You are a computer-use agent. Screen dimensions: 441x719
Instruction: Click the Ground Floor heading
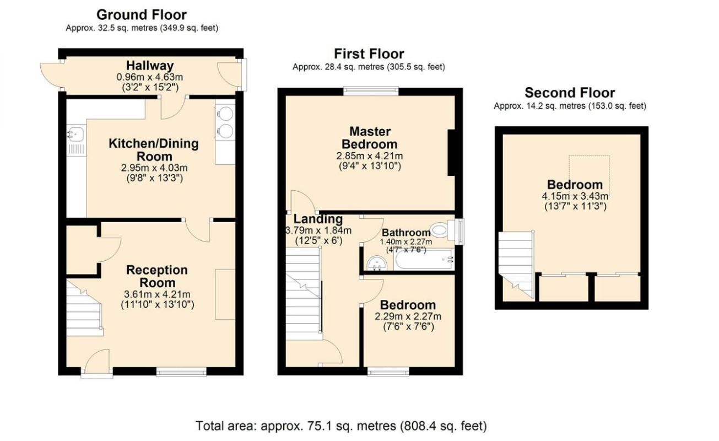click(x=142, y=15)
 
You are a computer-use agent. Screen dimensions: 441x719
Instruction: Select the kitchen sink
click(x=75, y=133)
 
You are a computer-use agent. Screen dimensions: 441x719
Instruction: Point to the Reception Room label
click(x=157, y=276)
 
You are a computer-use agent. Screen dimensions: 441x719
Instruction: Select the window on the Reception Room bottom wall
click(x=181, y=373)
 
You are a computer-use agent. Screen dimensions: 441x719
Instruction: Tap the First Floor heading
click(x=369, y=54)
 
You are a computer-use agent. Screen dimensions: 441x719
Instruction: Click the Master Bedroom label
click(x=370, y=138)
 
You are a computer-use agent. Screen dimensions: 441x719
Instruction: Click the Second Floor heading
click(x=570, y=93)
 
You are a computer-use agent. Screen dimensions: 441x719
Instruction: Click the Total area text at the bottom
click(x=342, y=426)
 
